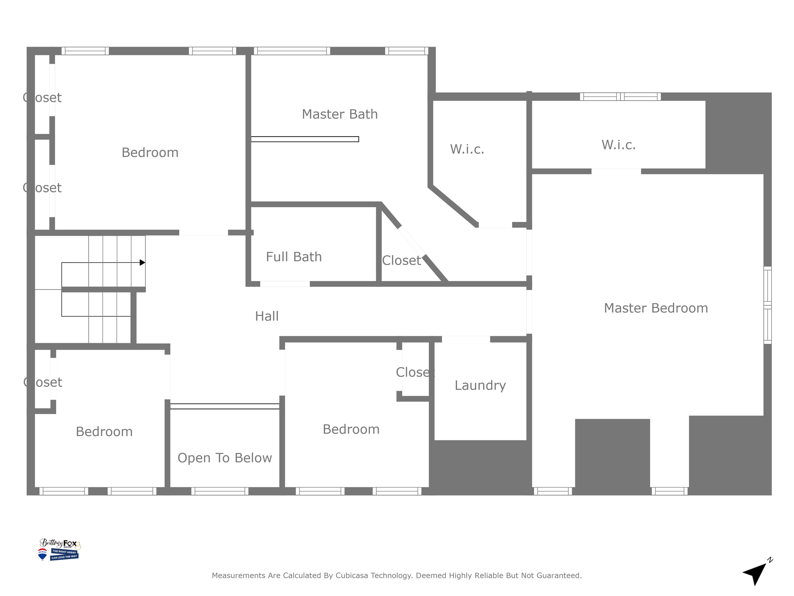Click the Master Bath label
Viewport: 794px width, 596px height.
click(340, 114)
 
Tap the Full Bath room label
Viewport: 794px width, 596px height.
click(294, 257)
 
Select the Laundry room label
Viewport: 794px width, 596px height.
click(480, 385)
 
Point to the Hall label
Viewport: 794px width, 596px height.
click(267, 316)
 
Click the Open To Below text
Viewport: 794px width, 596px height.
click(224, 458)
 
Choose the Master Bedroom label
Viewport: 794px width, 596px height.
click(656, 308)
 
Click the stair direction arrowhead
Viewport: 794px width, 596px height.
click(142, 263)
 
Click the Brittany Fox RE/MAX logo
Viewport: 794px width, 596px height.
click(59, 549)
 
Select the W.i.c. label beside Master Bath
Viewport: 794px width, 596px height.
click(467, 149)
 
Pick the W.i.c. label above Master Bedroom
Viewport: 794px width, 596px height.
click(618, 145)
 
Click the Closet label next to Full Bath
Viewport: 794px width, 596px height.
click(401, 260)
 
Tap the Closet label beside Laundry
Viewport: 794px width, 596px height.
click(415, 372)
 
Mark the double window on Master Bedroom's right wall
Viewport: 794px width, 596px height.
click(767, 305)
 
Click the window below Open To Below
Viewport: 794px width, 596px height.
click(219, 491)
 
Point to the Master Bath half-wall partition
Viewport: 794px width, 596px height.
click(305, 139)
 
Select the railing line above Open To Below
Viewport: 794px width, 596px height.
click(224, 406)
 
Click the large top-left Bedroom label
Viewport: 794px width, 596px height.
click(150, 152)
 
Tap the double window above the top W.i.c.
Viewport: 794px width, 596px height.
click(620, 97)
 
